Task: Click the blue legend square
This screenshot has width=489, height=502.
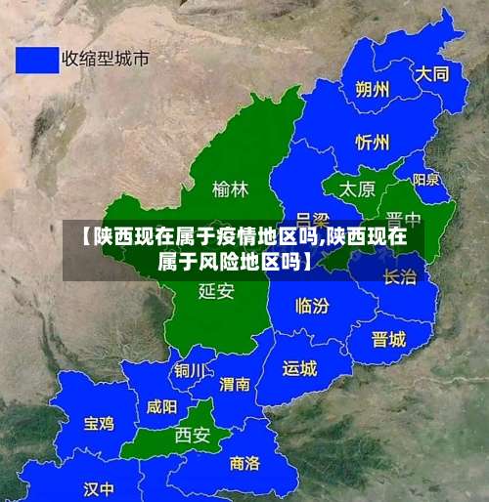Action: coord(36,59)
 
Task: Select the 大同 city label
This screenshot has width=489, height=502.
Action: coord(431,73)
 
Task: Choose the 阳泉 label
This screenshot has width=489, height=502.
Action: coord(425,180)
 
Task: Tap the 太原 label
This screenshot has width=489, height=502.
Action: coord(357,188)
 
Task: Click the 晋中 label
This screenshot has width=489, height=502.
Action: coord(403,218)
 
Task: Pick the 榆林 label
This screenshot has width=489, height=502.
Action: coord(230,188)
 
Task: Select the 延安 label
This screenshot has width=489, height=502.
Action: coord(215,290)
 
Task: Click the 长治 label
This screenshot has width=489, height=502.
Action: coord(399,276)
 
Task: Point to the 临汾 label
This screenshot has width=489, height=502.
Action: coord(312,306)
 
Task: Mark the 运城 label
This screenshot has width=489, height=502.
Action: coord(299,368)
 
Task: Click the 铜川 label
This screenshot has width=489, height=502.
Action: coord(190,371)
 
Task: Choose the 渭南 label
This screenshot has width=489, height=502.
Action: coord(235,384)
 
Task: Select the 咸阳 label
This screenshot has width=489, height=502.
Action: coord(161,406)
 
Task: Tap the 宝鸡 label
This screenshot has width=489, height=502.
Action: coord(98,423)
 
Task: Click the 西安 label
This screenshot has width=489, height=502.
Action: coord(192,436)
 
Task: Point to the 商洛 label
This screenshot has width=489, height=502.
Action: coord(244,462)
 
